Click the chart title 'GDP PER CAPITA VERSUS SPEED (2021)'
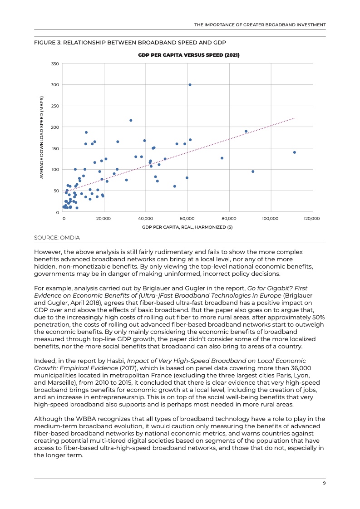tap(188, 55)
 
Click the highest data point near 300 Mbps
tap(190, 85)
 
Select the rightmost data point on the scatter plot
tap(294, 152)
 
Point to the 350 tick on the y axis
tap(55, 64)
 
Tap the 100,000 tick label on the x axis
tap(270, 219)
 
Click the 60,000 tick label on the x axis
tap(187, 219)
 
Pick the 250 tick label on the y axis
tap(55, 106)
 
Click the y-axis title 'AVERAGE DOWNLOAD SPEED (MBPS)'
tap(42, 137)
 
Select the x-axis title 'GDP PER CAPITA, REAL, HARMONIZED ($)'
tap(187, 227)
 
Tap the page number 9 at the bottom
tap(324, 483)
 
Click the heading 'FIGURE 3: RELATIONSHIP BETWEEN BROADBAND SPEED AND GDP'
tap(130, 42)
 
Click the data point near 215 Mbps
tap(131, 120)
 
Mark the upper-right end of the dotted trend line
tap(294, 118)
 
